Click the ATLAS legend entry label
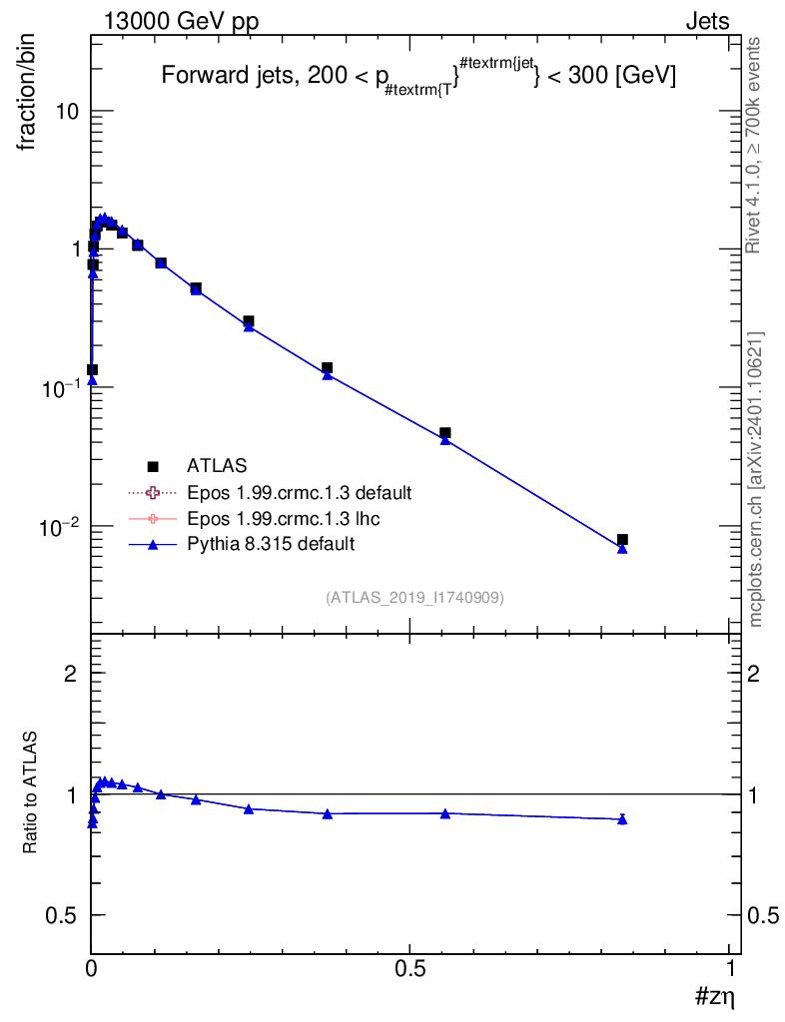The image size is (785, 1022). tap(217, 466)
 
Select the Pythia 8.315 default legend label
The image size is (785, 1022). tap(271, 544)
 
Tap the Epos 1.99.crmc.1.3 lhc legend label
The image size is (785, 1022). tap(283, 518)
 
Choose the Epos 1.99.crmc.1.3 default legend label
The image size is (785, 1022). tap(300, 493)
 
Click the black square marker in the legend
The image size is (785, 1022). tap(153, 467)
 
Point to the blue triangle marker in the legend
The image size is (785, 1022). tap(153, 544)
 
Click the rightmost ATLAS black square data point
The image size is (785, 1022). tap(622, 540)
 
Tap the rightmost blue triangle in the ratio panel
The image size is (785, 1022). tap(622, 819)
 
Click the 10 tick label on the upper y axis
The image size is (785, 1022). tap(67, 112)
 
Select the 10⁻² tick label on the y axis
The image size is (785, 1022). tap(59, 527)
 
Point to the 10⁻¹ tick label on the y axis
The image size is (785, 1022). tap(59, 388)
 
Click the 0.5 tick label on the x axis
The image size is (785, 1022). tap(409, 969)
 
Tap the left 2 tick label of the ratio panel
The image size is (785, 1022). tap(70, 674)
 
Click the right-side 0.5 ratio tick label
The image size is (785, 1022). tap(763, 916)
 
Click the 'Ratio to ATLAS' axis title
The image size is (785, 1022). tap(29, 791)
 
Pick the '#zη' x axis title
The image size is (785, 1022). tap(714, 997)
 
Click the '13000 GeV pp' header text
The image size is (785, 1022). tap(181, 22)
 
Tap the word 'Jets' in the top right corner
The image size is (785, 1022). tap(707, 22)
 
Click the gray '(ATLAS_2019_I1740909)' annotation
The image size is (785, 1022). tap(414, 598)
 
